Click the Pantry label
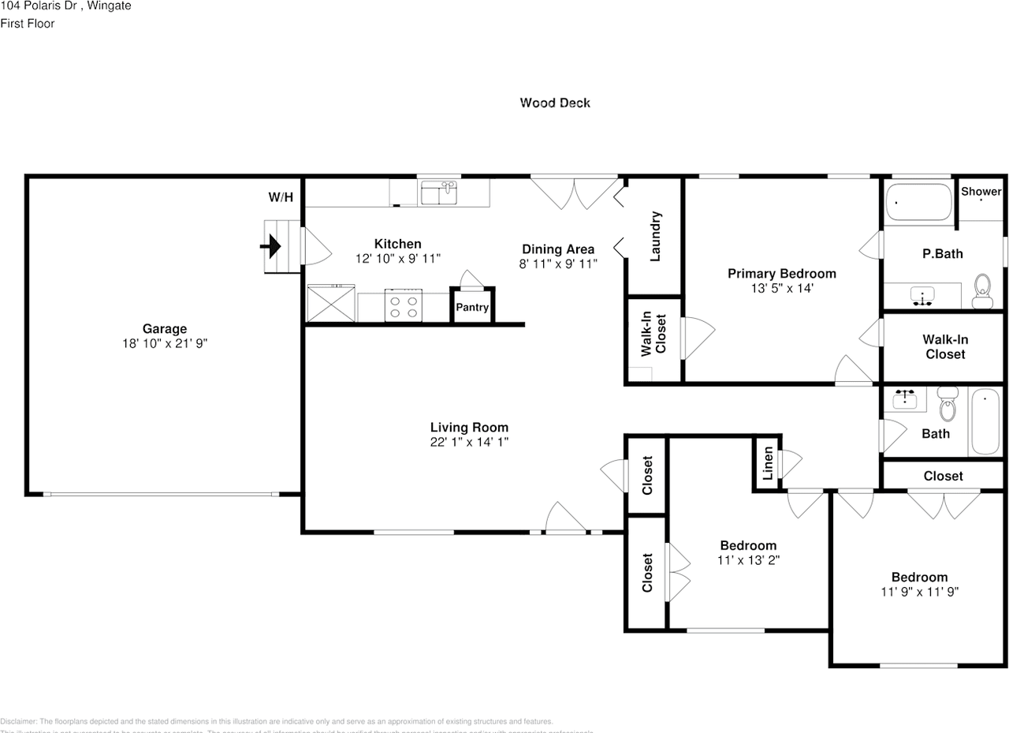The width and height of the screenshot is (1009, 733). coord(473,308)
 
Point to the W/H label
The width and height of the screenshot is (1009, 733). coord(281,197)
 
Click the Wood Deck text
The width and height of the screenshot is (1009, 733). coord(555,103)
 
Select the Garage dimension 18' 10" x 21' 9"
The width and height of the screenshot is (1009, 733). coord(164,343)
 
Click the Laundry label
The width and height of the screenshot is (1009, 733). coord(654,236)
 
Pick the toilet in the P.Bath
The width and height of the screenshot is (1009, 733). coord(981,291)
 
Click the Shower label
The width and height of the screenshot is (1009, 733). coord(981,192)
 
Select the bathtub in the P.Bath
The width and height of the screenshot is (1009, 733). coord(918,202)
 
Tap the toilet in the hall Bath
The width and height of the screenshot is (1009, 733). coord(948,406)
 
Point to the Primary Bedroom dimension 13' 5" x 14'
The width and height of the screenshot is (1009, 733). coord(781,289)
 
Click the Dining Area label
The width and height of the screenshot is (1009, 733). coord(558,249)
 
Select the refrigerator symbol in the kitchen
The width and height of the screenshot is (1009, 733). coord(330,304)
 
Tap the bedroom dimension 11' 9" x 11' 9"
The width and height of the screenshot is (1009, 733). coord(919,591)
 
